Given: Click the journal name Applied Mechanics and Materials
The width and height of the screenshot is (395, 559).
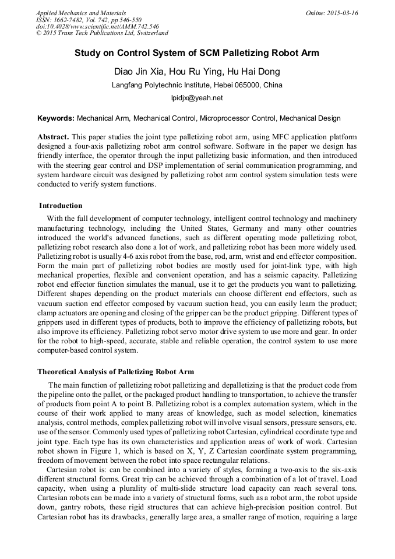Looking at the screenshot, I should coord(81,13).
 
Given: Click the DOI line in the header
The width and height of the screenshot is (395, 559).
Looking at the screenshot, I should coord(97,26).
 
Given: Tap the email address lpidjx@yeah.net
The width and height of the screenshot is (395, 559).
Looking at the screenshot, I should coord(197,98).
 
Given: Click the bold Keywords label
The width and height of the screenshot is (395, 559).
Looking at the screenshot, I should coord(56,118).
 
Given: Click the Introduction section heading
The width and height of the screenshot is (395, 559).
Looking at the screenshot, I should coord(61,206).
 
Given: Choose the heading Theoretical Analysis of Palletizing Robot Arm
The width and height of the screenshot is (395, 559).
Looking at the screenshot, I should coord(116,371).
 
